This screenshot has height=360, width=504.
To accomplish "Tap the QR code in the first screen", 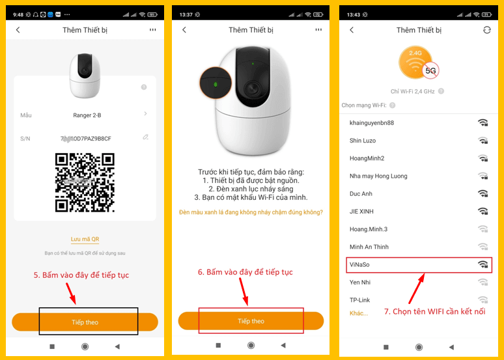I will (x=85, y=182).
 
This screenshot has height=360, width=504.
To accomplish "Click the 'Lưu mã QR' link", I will (x=85, y=240).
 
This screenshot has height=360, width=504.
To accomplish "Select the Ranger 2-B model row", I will (x=85, y=115).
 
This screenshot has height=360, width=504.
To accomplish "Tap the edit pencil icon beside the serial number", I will (x=145, y=137).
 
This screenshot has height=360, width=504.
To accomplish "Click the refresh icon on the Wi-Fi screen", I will (x=486, y=31).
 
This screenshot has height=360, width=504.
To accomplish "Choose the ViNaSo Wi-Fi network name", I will (x=360, y=265).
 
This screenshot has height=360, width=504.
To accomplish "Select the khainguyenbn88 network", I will (x=371, y=123).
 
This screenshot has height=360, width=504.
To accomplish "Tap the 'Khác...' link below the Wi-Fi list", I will (x=359, y=313).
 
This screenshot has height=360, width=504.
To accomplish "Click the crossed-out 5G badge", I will (x=430, y=70).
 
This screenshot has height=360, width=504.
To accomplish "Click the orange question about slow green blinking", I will (x=251, y=212).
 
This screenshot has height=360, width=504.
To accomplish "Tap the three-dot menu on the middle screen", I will (x=318, y=30).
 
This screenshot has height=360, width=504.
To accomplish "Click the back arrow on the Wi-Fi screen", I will (x=352, y=31).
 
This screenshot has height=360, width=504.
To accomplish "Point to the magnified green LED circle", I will (x=216, y=83).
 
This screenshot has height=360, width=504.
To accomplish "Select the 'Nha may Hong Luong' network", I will (x=378, y=176).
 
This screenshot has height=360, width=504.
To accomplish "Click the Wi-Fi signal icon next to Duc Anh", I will (x=483, y=193).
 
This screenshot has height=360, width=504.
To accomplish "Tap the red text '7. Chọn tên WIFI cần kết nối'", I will (x=434, y=312).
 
